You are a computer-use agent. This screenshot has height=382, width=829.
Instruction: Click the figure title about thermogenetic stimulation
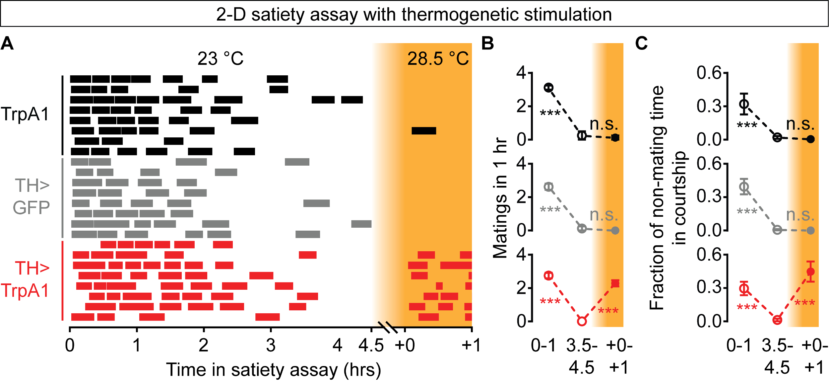coord(414,15)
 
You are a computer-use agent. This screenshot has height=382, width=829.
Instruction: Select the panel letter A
coord(7,43)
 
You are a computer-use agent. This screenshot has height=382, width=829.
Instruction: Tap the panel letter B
coord(487,43)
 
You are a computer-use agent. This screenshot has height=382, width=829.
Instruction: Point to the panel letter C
coord(641,43)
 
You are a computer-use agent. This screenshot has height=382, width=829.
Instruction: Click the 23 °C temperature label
coord(221,59)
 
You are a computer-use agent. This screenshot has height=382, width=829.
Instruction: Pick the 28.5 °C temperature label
coord(438,59)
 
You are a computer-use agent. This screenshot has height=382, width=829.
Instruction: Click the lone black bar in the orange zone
coord(424,131)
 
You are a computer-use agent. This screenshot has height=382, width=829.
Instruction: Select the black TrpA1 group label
coord(25,114)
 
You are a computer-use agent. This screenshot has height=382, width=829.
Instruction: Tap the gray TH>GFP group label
coord(32,196)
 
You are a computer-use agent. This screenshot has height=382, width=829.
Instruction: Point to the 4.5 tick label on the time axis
coord(371,345)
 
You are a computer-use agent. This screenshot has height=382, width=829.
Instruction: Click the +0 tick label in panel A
coord(405,345)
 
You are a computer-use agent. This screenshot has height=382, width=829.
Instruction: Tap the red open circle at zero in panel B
coord(582,321)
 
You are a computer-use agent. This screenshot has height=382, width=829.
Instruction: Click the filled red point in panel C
coord(810,272)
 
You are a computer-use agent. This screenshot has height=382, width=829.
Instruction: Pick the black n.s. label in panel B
coord(604,124)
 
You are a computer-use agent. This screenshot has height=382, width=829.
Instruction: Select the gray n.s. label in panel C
coord(800,215)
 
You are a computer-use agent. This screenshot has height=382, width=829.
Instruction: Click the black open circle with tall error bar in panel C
coord(744,104)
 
